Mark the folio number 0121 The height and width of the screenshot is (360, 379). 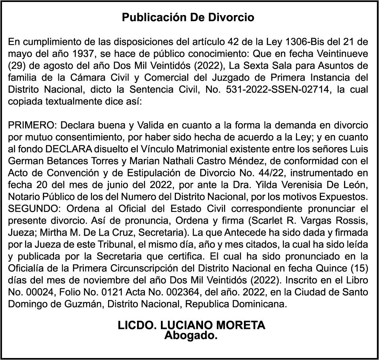(114, 292)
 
